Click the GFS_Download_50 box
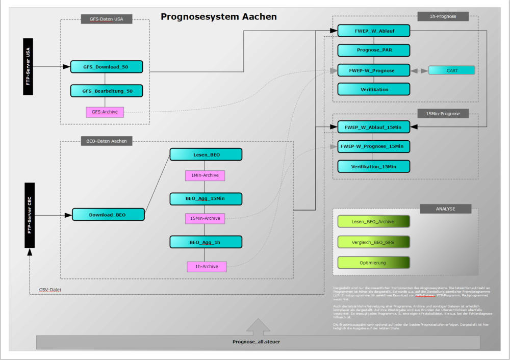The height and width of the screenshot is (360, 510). pyautogui.click(x=107, y=67)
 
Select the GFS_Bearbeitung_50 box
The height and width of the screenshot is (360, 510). pyautogui.click(x=107, y=91)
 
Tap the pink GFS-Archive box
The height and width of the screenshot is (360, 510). pyautogui.click(x=105, y=112)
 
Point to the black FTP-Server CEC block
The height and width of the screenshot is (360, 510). pyautogui.click(x=29, y=216)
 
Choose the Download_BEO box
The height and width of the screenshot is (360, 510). pyautogui.click(x=108, y=215)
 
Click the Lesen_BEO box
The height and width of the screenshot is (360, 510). pyautogui.click(x=206, y=155)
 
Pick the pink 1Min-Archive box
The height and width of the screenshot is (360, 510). pyautogui.click(x=205, y=175)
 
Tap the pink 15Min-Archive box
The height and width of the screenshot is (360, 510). pyautogui.click(x=205, y=218)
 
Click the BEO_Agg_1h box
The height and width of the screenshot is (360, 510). pyautogui.click(x=206, y=242)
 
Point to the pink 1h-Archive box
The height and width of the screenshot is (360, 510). pyautogui.click(x=207, y=266)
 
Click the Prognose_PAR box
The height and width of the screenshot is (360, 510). pyautogui.click(x=374, y=50)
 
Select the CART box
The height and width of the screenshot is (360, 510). pyautogui.click(x=451, y=70)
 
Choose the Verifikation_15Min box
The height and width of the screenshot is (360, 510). pyautogui.click(x=374, y=166)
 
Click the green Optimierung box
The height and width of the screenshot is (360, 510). pyautogui.click(x=373, y=263)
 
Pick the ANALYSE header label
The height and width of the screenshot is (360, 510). pyautogui.click(x=445, y=209)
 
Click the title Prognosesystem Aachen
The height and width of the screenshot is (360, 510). pyautogui.click(x=219, y=17)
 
